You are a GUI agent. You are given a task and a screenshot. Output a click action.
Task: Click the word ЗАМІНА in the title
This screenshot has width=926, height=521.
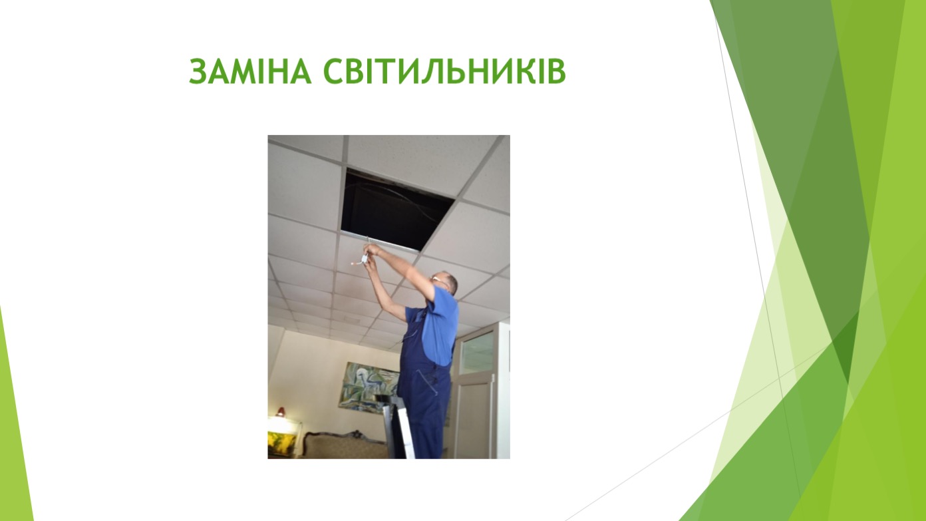pos(250,72)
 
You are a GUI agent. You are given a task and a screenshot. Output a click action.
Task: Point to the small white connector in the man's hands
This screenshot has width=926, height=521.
pos(365,260)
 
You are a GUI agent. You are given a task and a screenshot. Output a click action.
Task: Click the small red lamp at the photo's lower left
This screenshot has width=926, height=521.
pos(281,413)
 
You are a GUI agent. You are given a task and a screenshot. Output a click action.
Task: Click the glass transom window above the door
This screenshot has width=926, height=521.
pos(477,349)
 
